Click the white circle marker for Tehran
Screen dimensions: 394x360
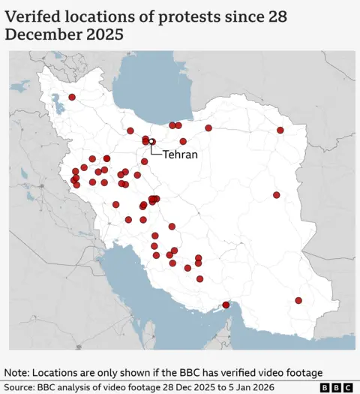[x=151, y=141]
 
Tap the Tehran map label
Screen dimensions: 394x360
[x=180, y=155]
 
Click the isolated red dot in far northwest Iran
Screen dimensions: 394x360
[x=72, y=97]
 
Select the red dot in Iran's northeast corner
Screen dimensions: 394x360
[x=280, y=130]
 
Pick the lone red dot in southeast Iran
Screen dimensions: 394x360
[x=298, y=300]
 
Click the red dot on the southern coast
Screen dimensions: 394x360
[x=226, y=305]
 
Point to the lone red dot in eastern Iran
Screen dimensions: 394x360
[x=276, y=195]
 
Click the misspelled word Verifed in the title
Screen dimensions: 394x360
[x=34, y=16]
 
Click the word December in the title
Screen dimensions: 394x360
[x=43, y=35]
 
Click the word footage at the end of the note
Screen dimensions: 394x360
[x=301, y=372]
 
